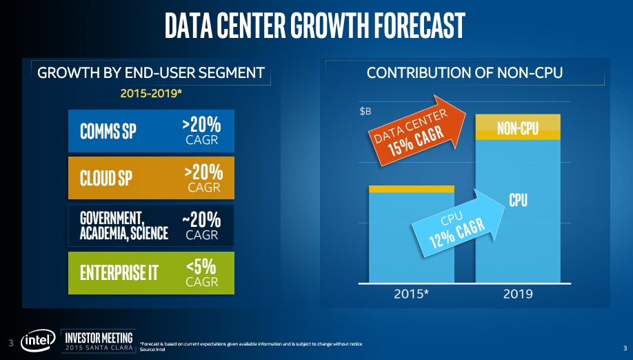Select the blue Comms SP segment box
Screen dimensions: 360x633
pyautogui.click(x=151, y=131)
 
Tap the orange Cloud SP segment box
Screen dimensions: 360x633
pyautogui.click(x=151, y=178)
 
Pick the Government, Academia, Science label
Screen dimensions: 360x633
pyautogui.click(x=124, y=226)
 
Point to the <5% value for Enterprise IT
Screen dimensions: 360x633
pyautogui.click(x=202, y=266)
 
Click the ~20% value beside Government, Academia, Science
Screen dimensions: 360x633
pyautogui.click(x=202, y=219)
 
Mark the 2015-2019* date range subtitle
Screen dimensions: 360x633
pyautogui.click(x=151, y=92)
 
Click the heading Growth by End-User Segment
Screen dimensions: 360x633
pyautogui.click(x=151, y=72)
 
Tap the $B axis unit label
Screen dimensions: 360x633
pyautogui.click(x=368, y=110)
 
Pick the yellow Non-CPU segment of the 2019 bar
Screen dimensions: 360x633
pyautogui.click(x=518, y=128)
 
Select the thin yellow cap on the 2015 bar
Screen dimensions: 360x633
pyautogui.click(x=412, y=188)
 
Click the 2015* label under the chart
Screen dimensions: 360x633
pyautogui.click(x=412, y=293)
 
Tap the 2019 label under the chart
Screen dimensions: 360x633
pyautogui.click(x=518, y=293)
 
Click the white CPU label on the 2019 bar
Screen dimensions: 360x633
pyautogui.click(x=519, y=199)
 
